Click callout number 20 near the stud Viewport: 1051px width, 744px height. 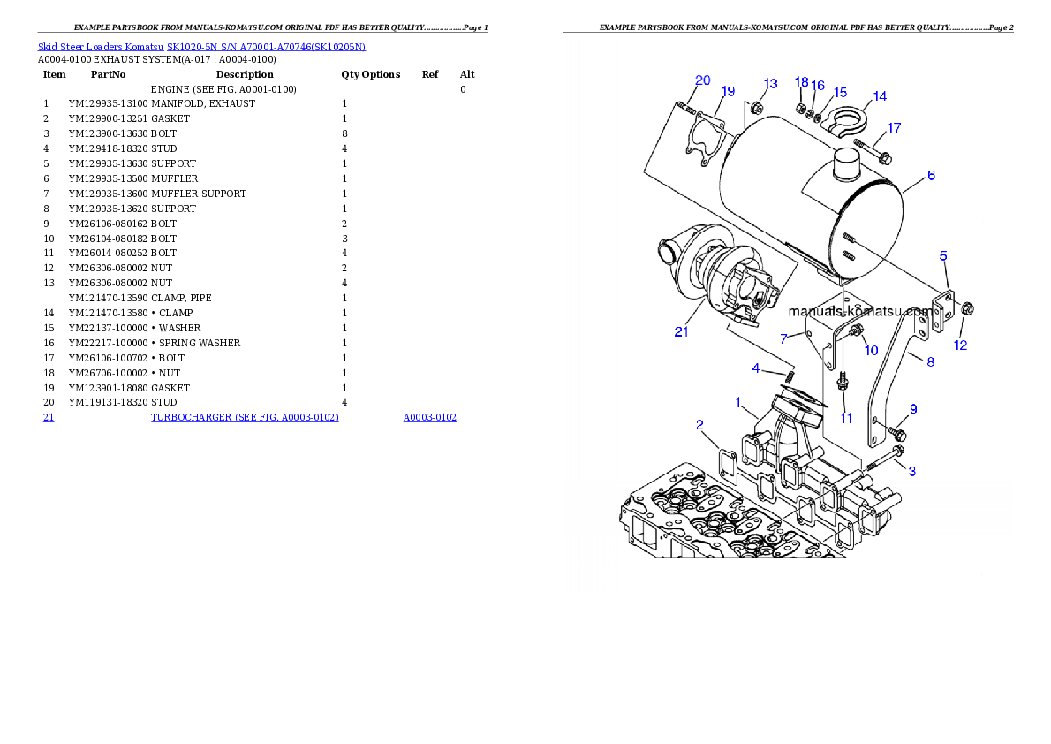coord(702,80)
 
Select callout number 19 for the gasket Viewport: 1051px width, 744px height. coord(728,92)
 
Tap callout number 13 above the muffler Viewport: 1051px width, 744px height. coord(770,84)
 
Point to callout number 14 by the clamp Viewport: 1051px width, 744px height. coord(880,96)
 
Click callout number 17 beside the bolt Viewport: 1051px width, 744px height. coord(894,128)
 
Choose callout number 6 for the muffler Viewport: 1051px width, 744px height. coord(931,176)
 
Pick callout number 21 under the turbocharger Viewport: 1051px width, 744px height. coord(681,332)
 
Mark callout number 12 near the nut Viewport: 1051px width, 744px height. coord(960,345)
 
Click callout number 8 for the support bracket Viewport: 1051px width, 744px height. coord(930,361)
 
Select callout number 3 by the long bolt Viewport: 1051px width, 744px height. coord(912,472)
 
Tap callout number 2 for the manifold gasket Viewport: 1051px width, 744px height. coord(699,425)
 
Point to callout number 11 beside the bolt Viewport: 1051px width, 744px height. coord(846,418)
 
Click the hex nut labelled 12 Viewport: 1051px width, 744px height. coord(966,309)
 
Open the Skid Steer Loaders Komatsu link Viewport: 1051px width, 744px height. coord(201,46)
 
